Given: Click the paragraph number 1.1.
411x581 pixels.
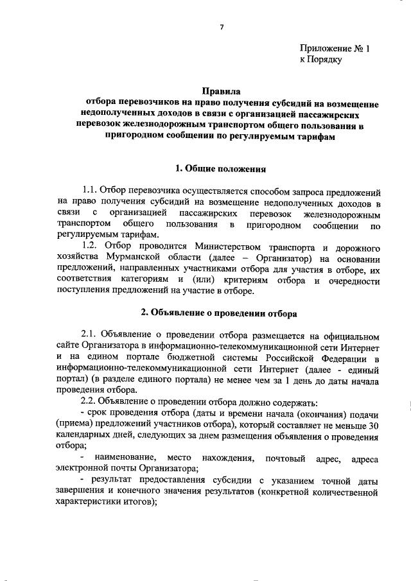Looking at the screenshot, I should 92,193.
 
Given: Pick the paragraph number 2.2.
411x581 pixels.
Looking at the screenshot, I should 91,402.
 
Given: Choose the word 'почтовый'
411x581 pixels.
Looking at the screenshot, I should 278,460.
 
